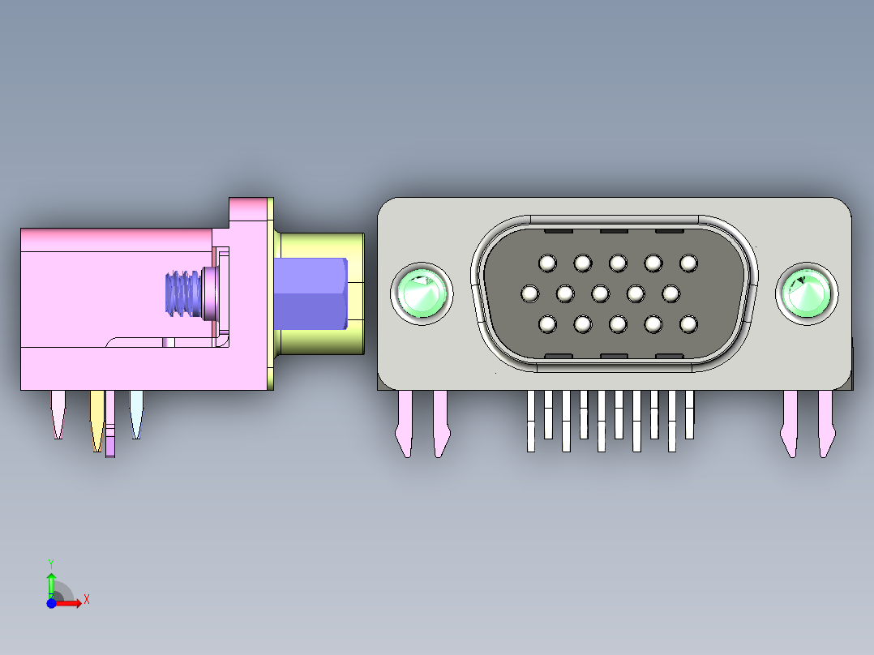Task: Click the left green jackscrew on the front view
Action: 421,292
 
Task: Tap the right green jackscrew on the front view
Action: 807,292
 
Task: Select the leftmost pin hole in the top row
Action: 547,263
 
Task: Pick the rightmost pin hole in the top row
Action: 688,263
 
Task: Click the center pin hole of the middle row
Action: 600,293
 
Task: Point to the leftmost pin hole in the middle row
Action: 530,293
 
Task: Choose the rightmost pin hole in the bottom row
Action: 688,324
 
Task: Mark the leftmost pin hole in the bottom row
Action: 547,324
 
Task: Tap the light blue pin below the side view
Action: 136,413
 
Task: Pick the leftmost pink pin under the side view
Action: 58,413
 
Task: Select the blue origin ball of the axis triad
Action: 51,603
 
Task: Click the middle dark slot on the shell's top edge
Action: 614,230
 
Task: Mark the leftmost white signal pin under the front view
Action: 532,420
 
